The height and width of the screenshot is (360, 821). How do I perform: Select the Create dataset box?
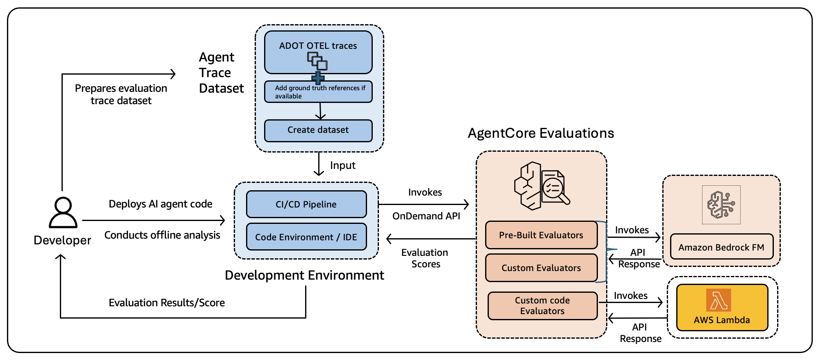click(x=318, y=130)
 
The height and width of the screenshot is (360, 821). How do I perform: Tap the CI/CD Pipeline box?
click(x=306, y=204)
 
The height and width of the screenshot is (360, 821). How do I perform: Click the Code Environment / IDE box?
click(x=306, y=237)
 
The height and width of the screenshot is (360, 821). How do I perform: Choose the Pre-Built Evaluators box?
click(x=541, y=235)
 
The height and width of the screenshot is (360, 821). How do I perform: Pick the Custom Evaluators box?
click(x=541, y=268)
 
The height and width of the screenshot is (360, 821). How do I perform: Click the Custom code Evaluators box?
click(x=542, y=306)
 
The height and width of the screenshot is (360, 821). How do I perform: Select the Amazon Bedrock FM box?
click(x=721, y=247)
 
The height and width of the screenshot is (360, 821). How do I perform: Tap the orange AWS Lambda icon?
click(x=718, y=300)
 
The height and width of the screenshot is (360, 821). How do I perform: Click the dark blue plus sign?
click(x=318, y=78)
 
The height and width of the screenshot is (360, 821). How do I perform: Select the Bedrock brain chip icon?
click(x=721, y=205)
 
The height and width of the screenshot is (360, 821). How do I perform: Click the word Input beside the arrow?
click(x=342, y=165)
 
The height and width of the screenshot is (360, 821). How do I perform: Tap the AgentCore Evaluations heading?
click(x=540, y=133)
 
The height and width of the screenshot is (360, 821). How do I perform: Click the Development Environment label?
click(x=304, y=275)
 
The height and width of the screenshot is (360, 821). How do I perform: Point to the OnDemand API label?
click(x=426, y=216)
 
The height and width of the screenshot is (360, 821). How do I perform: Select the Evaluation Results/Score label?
click(x=166, y=303)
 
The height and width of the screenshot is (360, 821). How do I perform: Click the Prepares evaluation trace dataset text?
click(x=121, y=94)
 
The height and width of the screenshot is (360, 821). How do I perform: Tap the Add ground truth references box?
click(x=318, y=92)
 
